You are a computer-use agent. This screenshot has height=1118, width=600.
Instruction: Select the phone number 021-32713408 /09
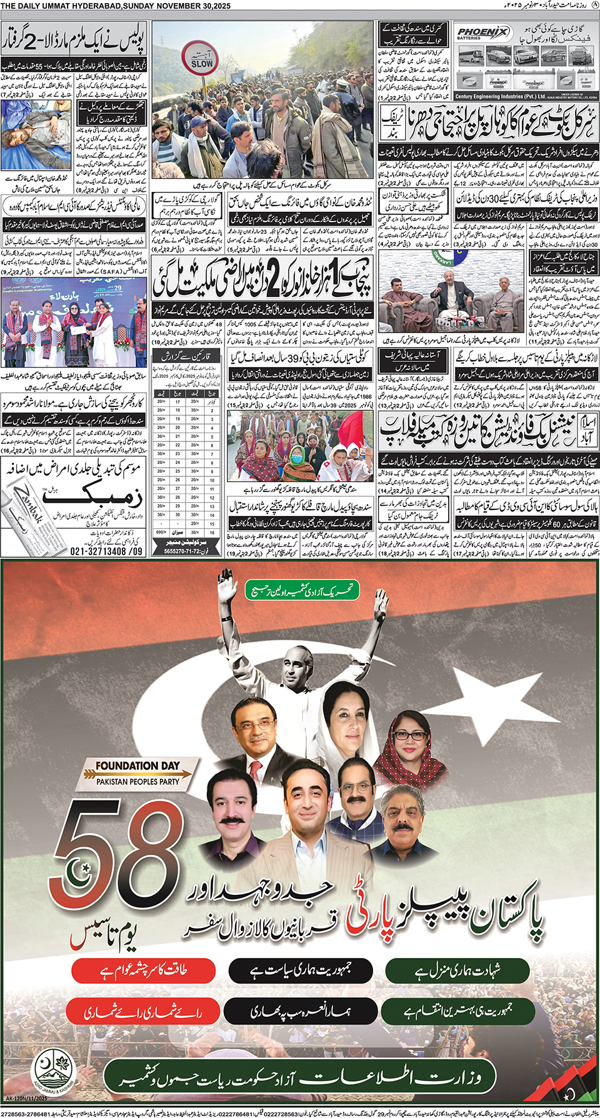point(106,551)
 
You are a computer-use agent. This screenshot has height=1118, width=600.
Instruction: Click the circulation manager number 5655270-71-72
point(184,551)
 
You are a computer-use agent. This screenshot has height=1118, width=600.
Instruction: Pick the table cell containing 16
point(212,533)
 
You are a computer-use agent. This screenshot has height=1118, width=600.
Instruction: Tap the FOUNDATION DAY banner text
point(137,765)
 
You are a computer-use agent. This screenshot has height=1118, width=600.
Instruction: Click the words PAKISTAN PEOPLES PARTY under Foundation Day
point(137,782)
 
